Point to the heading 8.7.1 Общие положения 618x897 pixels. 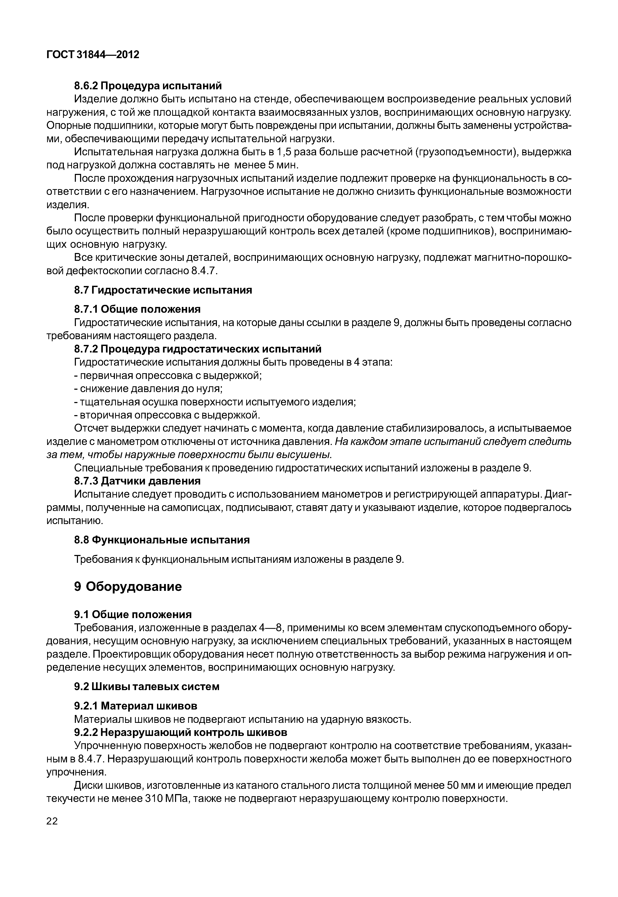pos(137,309)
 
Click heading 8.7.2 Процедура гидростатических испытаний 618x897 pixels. pos(198,349)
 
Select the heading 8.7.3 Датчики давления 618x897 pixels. pos(137,481)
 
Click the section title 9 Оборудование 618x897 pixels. pos(128,586)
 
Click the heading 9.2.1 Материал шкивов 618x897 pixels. pos(136,706)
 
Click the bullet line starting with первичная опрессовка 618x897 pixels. pos(168,376)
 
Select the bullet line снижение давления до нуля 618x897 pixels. pos(148,389)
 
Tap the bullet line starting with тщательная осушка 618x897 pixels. pos(215,402)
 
